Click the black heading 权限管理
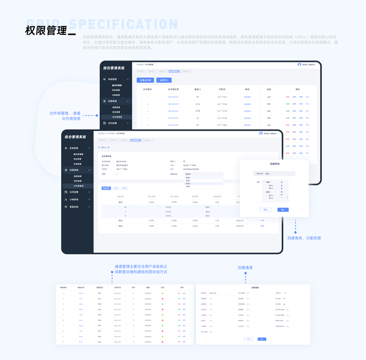click(x=46, y=30)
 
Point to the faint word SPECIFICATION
click(x=124, y=25)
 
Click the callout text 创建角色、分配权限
click(x=304, y=238)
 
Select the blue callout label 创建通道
click(x=245, y=267)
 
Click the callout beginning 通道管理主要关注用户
click(x=140, y=269)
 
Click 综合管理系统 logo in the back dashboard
click(x=114, y=68)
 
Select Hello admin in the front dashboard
click(x=268, y=133)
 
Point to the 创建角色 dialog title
click(x=275, y=164)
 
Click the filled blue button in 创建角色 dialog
click(x=283, y=210)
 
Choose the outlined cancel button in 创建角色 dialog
click(x=265, y=210)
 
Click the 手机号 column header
click(x=222, y=89)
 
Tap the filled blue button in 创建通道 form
click(x=262, y=339)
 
